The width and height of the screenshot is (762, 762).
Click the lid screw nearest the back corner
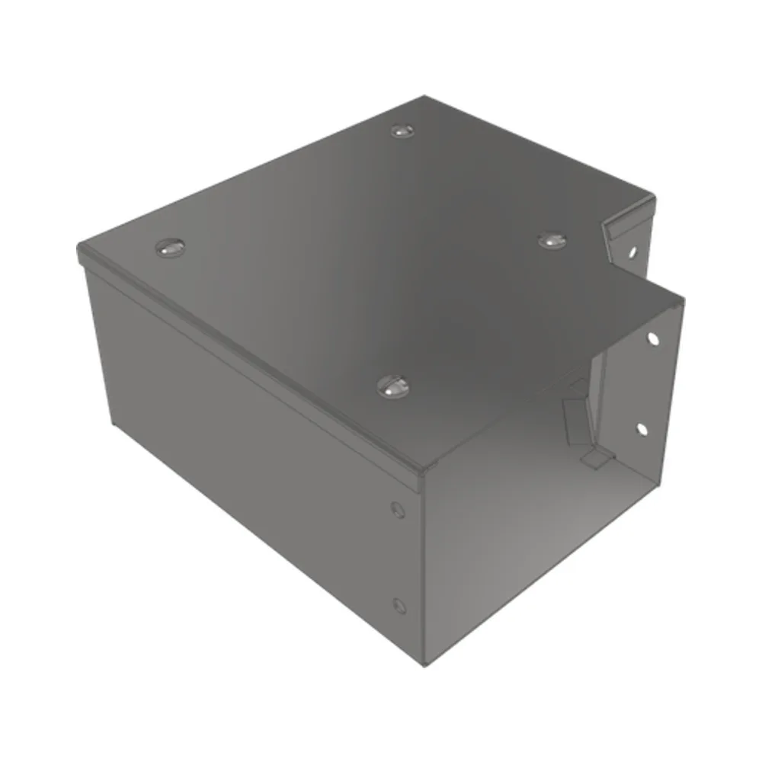(x=402, y=131)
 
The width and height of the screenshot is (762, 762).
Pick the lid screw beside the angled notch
(x=552, y=240)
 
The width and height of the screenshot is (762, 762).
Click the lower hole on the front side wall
(x=397, y=605)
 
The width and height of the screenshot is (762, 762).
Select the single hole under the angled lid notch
(x=632, y=249)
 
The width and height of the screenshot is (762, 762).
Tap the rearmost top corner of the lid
(x=425, y=97)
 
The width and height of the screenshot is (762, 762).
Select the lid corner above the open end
(x=680, y=299)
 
